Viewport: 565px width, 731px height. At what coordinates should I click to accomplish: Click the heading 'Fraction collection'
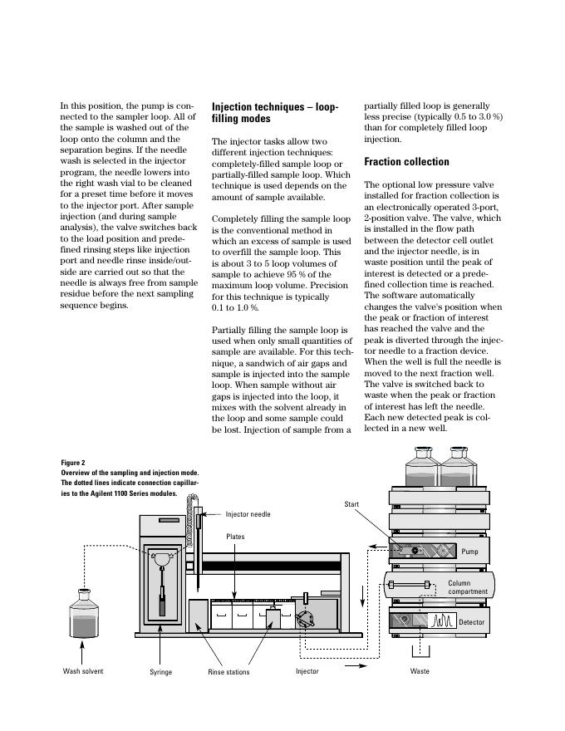click(406, 162)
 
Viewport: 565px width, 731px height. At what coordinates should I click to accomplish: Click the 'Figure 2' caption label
click(73, 463)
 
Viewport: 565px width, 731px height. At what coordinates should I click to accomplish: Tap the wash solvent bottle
click(83, 617)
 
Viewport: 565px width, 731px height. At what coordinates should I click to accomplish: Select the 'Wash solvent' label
click(83, 671)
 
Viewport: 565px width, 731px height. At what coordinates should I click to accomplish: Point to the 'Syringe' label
click(160, 672)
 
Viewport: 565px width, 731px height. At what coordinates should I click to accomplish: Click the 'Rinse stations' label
click(228, 672)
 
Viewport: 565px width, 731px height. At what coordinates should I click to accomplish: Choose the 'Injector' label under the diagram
click(307, 671)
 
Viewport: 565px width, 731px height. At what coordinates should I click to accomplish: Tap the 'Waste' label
click(420, 671)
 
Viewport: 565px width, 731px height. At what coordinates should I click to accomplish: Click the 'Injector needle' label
click(248, 514)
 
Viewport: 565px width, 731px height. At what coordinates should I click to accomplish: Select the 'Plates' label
click(235, 537)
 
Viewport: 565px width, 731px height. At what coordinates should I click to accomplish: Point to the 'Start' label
click(351, 504)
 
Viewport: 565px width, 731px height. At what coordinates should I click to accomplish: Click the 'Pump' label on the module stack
click(469, 551)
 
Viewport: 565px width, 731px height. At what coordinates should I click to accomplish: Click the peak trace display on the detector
click(441, 620)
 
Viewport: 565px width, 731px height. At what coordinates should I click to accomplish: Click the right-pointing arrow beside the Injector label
click(354, 665)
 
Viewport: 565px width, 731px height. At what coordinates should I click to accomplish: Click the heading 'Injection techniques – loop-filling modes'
click(275, 113)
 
